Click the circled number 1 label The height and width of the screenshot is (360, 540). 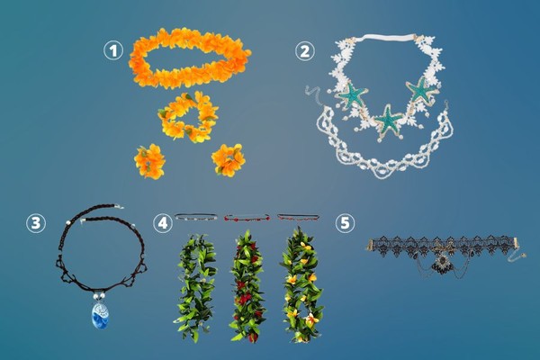113,50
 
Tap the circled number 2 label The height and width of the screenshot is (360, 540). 305,51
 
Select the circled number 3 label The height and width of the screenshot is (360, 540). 36,223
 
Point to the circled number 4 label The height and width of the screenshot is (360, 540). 163,223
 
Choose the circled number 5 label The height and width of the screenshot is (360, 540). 345,223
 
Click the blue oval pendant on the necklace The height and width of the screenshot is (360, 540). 100,315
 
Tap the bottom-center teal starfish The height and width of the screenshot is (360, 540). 389,121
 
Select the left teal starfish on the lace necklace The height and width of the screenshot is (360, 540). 351,94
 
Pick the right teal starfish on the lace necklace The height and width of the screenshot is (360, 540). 421,90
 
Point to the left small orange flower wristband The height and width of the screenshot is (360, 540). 149,162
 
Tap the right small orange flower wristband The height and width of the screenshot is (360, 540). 229,160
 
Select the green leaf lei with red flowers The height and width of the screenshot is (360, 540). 247,286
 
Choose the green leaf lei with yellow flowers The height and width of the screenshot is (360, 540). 302,284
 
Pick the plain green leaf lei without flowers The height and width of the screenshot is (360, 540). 196,288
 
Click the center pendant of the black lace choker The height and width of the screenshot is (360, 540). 441,264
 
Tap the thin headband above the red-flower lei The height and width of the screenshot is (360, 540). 247,218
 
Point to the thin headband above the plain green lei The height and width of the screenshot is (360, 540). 196,217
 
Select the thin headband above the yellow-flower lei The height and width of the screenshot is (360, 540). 298,217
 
